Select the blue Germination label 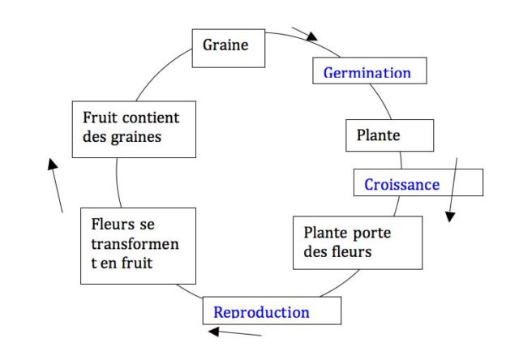[x=367, y=72]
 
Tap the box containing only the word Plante [x=379, y=135]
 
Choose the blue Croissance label [x=401, y=184]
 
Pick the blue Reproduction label [x=261, y=311]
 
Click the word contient [x=152, y=118]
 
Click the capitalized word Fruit [x=100, y=118]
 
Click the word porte [x=373, y=233]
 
